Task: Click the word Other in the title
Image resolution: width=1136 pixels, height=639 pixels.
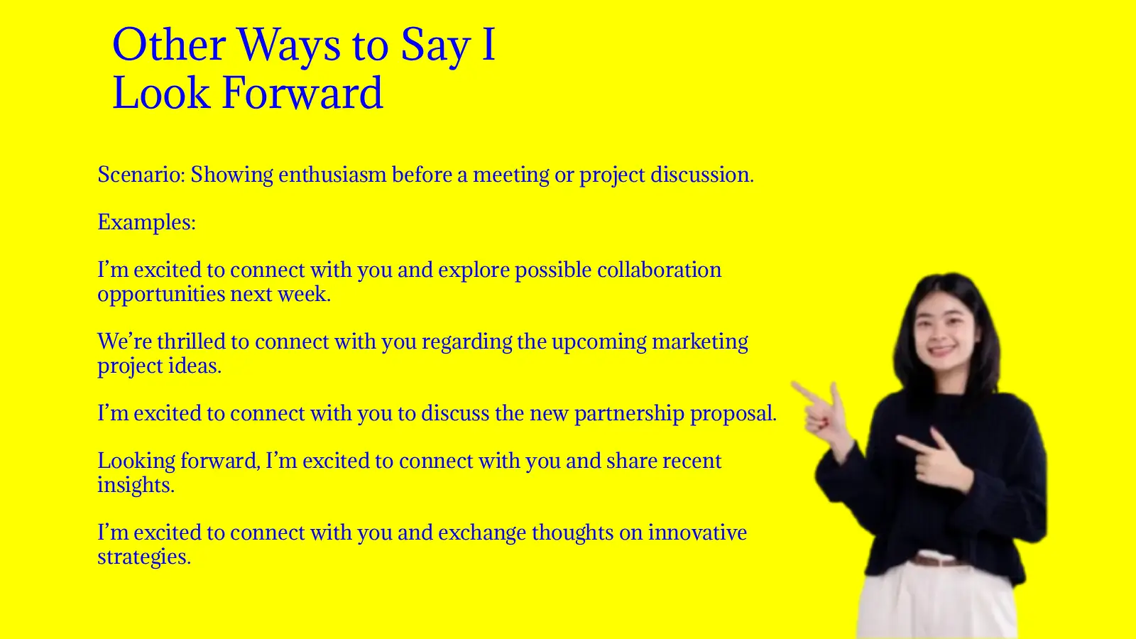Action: point(169,45)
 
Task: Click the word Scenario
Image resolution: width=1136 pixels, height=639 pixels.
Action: point(141,175)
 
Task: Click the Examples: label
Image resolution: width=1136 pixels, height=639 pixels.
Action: point(146,222)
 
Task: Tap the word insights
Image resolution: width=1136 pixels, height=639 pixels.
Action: point(135,485)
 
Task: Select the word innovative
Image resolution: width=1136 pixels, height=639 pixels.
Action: point(697,532)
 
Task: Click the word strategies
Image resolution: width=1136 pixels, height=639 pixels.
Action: point(143,557)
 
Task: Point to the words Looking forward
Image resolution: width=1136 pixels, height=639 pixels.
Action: point(177,461)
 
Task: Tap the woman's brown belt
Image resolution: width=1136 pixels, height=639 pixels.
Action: point(939,561)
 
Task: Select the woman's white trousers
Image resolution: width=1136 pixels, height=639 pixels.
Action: point(937,603)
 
